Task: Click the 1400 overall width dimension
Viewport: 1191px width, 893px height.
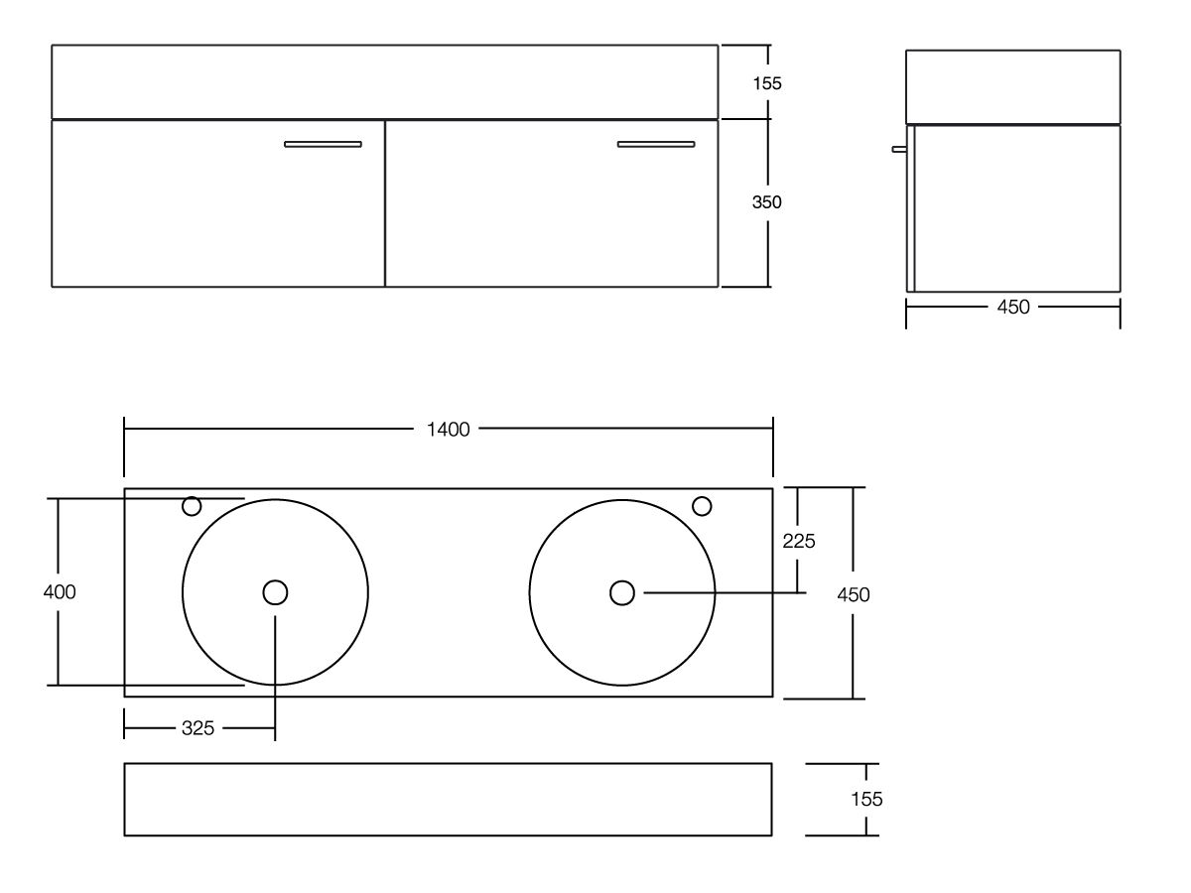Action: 448,429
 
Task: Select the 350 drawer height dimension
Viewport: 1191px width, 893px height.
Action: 766,202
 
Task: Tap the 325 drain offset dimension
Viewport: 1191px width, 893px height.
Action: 198,728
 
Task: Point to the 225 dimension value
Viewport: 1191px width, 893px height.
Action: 799,541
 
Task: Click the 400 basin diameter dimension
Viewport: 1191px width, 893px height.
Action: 60,592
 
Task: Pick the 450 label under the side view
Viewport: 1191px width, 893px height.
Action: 1012,308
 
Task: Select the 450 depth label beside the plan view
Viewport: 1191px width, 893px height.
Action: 854,594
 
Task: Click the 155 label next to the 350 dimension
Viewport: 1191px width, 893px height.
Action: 766,83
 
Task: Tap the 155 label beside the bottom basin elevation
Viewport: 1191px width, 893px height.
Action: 866,799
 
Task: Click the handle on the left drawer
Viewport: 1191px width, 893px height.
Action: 323,144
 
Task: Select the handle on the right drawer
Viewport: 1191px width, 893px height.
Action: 655,144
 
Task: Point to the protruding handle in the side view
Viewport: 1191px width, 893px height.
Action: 899,150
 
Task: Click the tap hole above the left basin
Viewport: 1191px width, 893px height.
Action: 192,507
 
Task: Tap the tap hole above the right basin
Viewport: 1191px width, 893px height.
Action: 702,506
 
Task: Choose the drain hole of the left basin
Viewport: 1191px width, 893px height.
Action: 275,592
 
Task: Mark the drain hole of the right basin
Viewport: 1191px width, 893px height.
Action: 621,592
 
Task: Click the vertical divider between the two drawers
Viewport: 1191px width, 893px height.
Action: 385,203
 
